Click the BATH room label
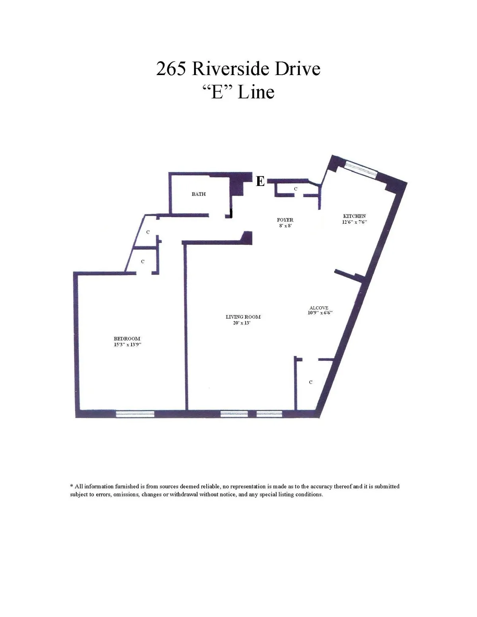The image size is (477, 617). pos(199,194)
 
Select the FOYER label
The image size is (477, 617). pos(285,220)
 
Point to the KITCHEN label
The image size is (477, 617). pos(354,216)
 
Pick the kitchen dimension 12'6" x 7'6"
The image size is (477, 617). pos(354,222)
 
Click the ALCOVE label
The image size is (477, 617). pos(319,308)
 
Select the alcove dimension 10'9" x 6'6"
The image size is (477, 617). pos(320,313)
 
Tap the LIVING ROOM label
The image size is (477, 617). pos(243,317)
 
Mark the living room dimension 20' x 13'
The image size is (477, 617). pos(241,323)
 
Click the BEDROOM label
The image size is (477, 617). pos(127,338)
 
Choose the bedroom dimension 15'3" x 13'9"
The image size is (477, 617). pos(128,344)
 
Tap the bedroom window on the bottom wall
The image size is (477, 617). pos(135,414)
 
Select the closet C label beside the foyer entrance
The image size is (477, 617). pos(296,189)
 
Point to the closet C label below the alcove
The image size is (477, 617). pos(311,382)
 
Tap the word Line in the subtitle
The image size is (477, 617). pos(256,92)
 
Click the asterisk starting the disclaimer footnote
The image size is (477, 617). pos(72,486)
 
